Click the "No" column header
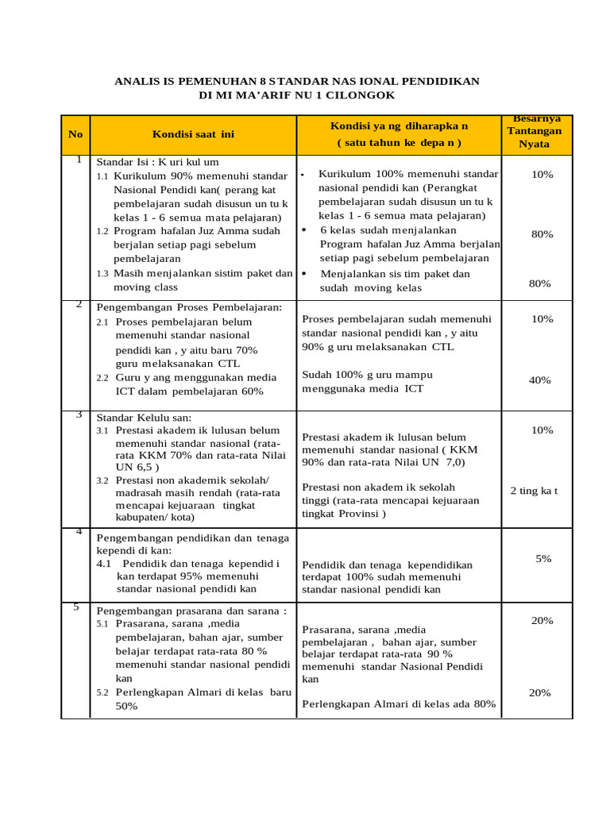[x=75, y=134]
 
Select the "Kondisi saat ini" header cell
[x=193, y=134]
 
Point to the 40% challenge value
[x=539, y=380]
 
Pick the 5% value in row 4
[x=543, y=559]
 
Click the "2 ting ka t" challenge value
[x=534, y=491]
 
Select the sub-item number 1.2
[x=102, y=231]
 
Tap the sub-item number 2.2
[x=102, y=377]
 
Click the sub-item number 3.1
[x=102, y=430]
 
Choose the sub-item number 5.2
[x=102, y=692]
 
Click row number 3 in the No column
[x=79, y=414]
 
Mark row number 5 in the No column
[x=76, y=607]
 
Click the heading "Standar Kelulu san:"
[x=144, y=418]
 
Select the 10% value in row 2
[x=542, y=318]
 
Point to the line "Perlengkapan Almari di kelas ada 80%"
[x=399, y=703]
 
